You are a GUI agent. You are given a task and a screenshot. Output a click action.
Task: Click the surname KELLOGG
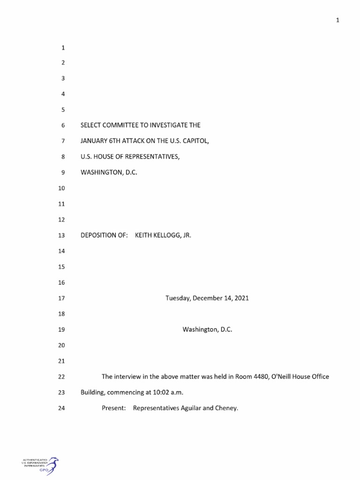164,235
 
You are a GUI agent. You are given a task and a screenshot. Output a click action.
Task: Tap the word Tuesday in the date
177,298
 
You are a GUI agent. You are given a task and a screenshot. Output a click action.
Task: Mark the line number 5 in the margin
62,110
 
